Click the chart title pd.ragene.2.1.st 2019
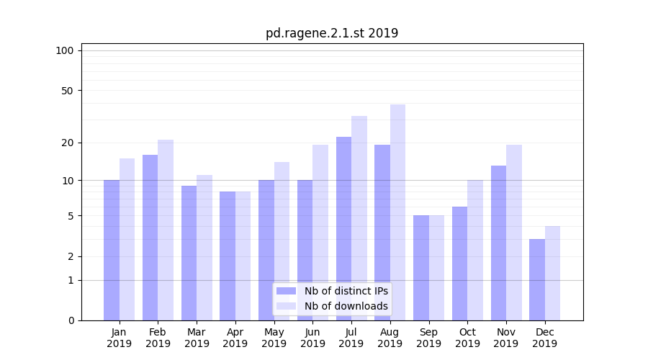[x=331, y=33]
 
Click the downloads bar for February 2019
[x=166, y=230]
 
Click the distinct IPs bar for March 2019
[x=189, y=253]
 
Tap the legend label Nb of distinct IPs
[x=346, y=291]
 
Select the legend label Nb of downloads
[x=346, y=306]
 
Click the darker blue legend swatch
[x=287, y=291]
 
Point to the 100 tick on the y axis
[x=65, y=50]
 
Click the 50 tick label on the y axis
[x=67, y=91]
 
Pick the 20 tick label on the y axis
[x=67, y=143]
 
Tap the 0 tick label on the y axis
[x=71, y=320]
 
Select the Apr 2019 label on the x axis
[x=235, y=338]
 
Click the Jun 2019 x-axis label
[x=312, y=338]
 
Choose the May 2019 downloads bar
[x=282, y=241]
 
